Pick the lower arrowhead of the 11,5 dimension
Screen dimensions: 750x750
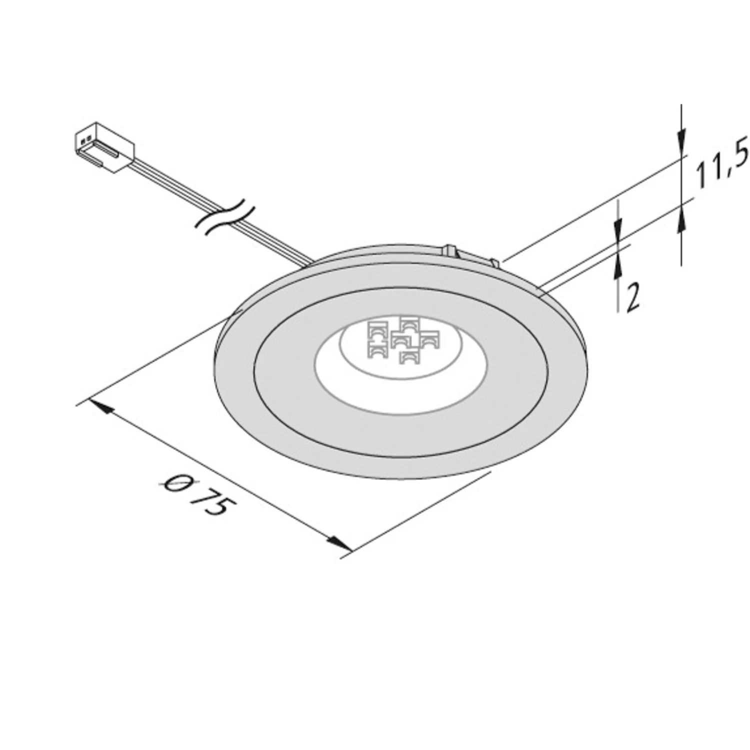(x=681, y=220)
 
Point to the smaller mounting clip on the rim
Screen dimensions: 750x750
(x=494, y=262)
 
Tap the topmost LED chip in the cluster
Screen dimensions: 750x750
(x=408, y=323)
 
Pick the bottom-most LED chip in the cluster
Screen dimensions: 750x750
(x=408, y=356)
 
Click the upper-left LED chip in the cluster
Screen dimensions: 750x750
(x=377, y=329)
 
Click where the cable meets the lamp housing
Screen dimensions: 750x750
(x=309, y=260)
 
